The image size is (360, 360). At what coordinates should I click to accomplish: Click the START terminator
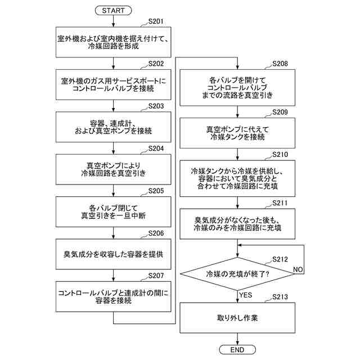(113, 11)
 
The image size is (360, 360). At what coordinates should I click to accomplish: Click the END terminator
(237, 350)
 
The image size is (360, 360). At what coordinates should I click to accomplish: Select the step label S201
(156, 21)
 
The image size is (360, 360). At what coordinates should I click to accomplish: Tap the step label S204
(156, 148)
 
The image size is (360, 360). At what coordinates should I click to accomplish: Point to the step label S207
(156, 276)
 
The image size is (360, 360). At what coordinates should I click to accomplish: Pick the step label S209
(280, 112)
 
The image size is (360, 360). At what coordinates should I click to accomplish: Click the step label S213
(280, 297)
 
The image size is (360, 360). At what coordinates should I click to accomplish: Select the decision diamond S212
(237, 274)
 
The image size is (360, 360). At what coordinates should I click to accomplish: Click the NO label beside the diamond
(298, 269)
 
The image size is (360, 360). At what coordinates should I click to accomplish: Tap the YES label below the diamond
(245, 295)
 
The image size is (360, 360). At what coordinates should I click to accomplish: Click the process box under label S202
(114, 85)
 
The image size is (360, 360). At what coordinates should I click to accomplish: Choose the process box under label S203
(114, 127)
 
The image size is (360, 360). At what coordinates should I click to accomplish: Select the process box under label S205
(114, 211)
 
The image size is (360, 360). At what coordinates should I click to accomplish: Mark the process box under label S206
(114, 254)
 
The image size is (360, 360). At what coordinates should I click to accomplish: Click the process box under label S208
(237, 88)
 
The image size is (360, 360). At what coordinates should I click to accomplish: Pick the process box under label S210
(237, 178)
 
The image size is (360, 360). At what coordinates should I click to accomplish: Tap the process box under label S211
(237, 224)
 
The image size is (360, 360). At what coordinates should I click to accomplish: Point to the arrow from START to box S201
(113, 21)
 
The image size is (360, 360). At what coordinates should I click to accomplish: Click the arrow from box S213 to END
(237, 339)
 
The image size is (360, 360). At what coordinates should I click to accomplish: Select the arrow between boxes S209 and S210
(237, 154)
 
